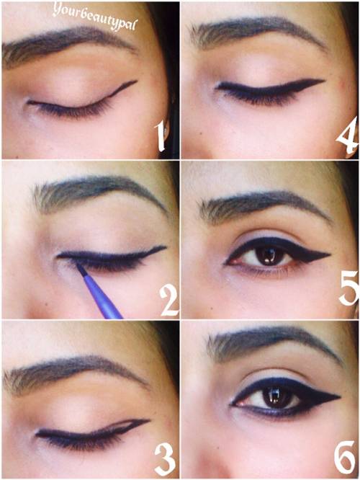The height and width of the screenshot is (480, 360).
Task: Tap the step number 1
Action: coord(161,135)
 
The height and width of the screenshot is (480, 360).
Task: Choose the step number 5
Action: coord(348,288)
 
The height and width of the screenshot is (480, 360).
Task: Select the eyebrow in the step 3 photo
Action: coord(73,371)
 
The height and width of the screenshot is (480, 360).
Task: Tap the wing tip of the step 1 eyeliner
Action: coord(136,81)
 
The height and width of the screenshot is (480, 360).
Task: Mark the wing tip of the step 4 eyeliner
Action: coord(323,81)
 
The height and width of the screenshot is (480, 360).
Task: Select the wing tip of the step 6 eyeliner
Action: coord(340,397)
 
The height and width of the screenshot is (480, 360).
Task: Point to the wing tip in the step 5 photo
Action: coord(330,254)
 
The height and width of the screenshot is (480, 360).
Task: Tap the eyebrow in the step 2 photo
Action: coord(98,190)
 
